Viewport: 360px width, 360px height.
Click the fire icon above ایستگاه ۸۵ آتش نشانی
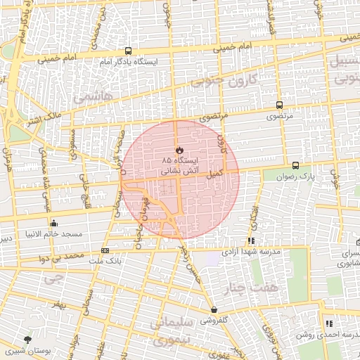point(179,150)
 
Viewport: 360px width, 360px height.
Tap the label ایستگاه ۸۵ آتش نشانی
point(179,165)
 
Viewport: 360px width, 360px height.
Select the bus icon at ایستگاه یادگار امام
point(128,51)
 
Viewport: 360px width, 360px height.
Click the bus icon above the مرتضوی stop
point(280,105)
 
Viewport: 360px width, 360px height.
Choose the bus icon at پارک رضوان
point(295,166)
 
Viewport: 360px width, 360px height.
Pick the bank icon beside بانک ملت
point(105,250)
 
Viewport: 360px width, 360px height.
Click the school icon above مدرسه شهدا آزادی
point(252,240)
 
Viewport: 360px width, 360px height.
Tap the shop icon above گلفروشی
point(214,309)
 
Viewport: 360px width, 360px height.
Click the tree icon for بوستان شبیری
point(27,340)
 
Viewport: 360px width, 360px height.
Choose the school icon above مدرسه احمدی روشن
point(328,323)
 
